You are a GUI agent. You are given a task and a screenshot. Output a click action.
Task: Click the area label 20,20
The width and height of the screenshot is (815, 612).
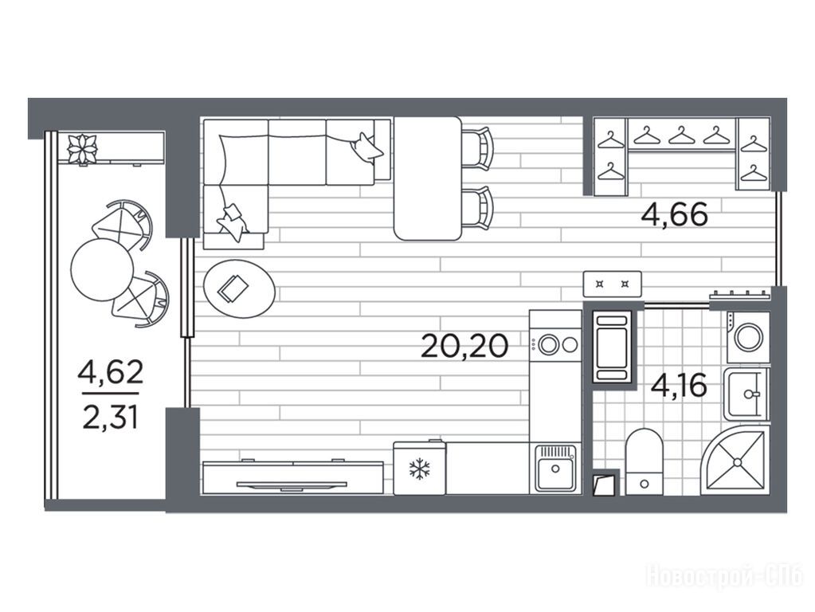click(x=464, y=346)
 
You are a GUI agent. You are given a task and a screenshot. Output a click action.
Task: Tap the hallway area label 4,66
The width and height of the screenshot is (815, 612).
click(x=674, y=214)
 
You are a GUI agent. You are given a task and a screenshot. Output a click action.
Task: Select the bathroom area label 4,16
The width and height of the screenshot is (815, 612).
click(x=679, y=386)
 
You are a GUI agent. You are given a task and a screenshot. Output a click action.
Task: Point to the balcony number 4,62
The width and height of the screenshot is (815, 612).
click(x=110, y=372)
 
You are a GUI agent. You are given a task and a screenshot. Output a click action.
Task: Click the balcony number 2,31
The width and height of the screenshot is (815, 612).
click(x=110, y=418)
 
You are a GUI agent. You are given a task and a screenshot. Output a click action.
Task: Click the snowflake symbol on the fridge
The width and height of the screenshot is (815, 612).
click(x=419, y=469)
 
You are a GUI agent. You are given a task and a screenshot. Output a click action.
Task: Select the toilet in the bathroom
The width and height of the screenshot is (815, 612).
click(x=644, y=461)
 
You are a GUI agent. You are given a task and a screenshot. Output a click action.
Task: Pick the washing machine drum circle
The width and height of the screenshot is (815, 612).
click(x=748, y=337)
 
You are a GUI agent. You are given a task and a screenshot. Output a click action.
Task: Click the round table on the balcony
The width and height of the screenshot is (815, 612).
click(x=102, y=269)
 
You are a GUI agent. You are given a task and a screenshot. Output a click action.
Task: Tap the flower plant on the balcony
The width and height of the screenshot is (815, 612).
click(x=82, y=148)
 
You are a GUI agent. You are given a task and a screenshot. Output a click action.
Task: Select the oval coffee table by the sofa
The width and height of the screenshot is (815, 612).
click(x=239, y=288)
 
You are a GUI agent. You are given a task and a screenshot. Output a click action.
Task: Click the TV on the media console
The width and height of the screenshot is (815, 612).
click(x=292, y=485)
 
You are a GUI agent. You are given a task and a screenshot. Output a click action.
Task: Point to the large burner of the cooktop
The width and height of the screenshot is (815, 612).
click(x=548, y=344)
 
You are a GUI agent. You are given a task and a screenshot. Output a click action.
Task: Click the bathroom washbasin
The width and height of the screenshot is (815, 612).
click(x=746, y=394)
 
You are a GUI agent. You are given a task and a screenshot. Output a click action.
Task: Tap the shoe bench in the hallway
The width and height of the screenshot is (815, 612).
click(x=613, y=284)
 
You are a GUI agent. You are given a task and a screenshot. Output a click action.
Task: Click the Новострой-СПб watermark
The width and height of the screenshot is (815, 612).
click(x=724, y=576)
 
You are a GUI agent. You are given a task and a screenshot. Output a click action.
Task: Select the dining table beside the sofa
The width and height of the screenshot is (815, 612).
click(x=428, y=178)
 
